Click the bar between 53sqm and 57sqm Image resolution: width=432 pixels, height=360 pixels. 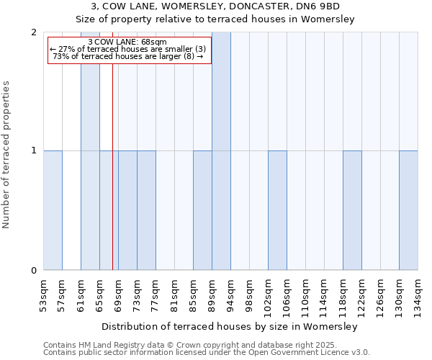[53, 210]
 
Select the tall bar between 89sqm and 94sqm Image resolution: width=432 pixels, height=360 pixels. [221, 151]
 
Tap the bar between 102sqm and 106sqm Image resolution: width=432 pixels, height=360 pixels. [277, 210]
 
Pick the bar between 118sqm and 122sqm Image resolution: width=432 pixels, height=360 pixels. [352, 210]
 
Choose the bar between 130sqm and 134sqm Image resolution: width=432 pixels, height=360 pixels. [408, 210]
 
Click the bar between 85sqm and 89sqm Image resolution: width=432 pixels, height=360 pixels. [202, 210]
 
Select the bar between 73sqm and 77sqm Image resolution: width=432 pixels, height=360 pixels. [146, 210]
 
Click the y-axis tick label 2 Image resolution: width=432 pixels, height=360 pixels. [34, 32]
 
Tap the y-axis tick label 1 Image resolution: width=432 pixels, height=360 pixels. [34, 150]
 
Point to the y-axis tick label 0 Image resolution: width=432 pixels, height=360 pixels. [34, 271]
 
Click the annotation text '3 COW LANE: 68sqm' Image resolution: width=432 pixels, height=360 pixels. [129, 41]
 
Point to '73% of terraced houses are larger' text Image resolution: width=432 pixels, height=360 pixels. [123, 57]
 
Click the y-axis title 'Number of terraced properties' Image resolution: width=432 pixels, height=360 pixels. [6, 155]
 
